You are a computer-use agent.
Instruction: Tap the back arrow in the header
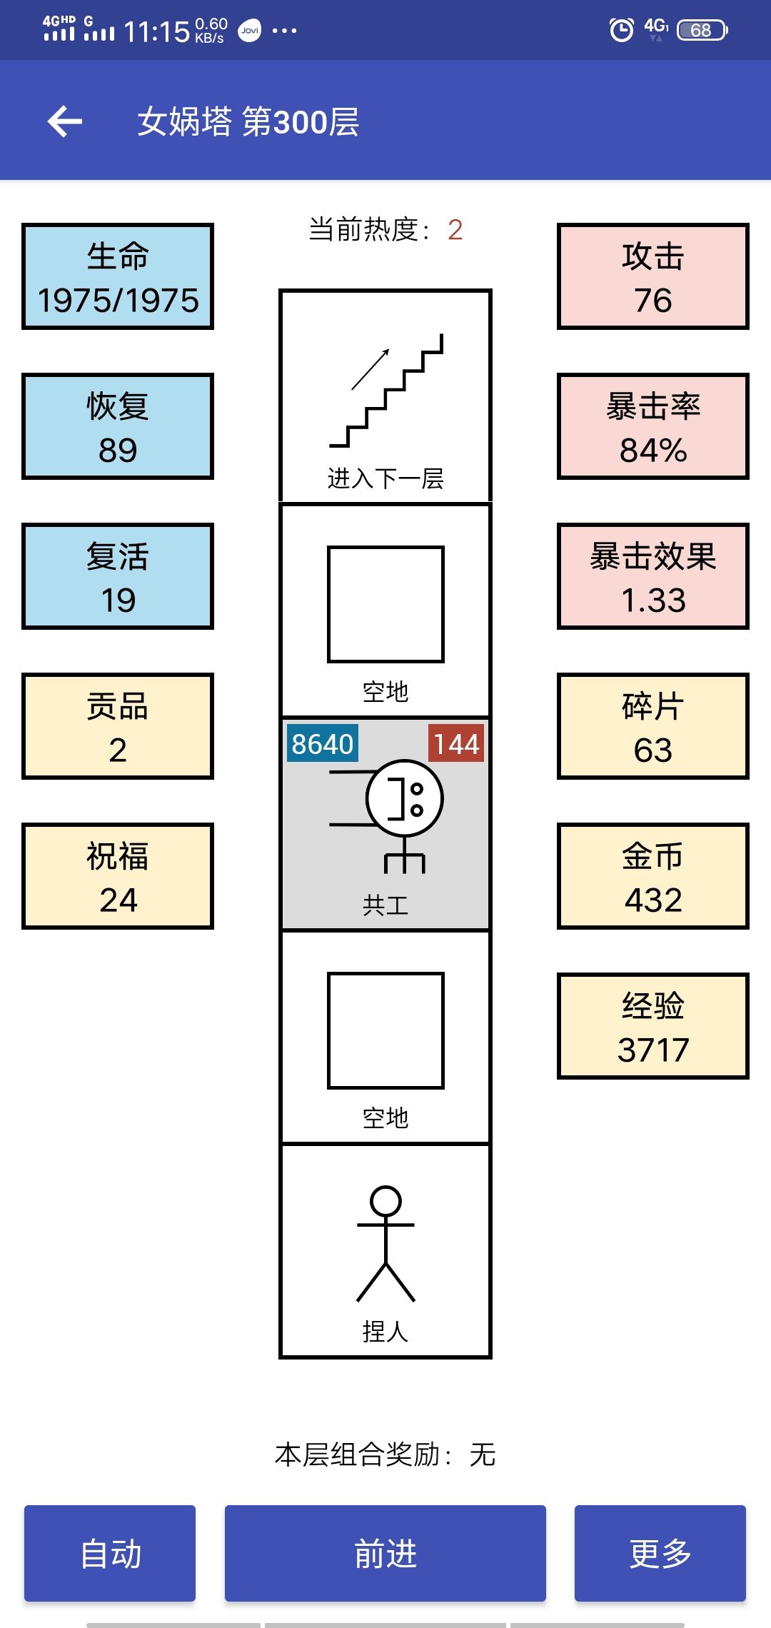coord(65,121)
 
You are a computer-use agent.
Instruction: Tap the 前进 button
coord(385,1553)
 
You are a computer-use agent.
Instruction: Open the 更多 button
coord(660,1553)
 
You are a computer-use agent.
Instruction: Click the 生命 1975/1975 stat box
coord(118,276)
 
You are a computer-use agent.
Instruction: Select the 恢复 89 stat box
coord(118,426)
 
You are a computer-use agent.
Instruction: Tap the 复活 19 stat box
coord(118,576)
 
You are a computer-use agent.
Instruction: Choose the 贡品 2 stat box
coord(118,726)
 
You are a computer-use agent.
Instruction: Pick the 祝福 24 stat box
coord(118,876)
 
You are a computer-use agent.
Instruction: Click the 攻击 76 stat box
coord(653,276)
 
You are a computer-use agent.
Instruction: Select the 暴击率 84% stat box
coord(653,426)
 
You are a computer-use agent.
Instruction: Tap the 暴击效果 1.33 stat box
coord(653,576)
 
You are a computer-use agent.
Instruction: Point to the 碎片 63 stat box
coord(653,726)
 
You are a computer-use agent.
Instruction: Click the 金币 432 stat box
coord(653,876)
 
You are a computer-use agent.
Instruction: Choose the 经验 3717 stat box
coord(653,1026)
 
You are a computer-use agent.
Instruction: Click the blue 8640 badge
coord(322,744)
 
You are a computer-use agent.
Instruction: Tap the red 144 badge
coord(456,744)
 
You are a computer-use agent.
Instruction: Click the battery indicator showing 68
coord(702,30)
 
